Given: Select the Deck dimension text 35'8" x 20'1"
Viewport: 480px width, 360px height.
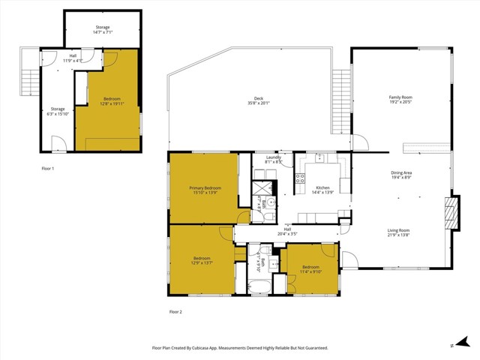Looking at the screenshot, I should pyautogui.click(x=258, y=103).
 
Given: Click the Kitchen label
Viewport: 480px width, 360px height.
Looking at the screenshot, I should pyautogui.click(x=322, y=187).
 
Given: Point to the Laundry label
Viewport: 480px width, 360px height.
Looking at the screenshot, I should pyautogui.click(x=273, y=157).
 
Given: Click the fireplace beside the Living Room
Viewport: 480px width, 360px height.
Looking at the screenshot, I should pyautogui.click(x=450, y=211).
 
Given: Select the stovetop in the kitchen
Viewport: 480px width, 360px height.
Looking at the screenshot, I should pyautogui.click(x=300, y=178).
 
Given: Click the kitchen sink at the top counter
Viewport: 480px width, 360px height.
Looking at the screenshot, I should pyautogui.click(x=319, y=157).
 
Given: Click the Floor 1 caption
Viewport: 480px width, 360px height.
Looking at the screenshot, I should pyautogui.click(x=47, y=169).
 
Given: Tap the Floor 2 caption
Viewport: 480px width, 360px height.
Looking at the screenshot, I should pyautogui.click(x=175, y=310).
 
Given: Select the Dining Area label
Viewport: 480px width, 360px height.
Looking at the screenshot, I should pyautogui.click(x=401, y=174).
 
